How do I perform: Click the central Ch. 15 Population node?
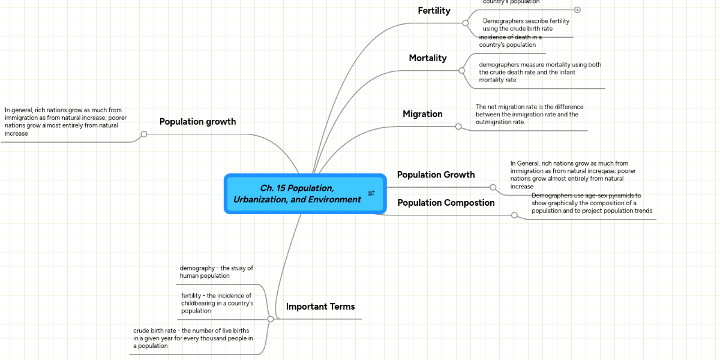pyautogui.click(x=297, y=194)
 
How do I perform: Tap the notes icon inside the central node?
pyautogui.click(x=371, y=194)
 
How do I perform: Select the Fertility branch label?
pyautogui.click(x=434, y=11)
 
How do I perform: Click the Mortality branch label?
pyautogui.click(x=427, y=58)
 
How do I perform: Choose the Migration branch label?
pyautogui.click(x=422, y=114)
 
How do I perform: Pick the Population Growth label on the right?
pyautogui.click(x=436, y=175)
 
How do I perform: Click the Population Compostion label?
pyautogui.click(x=446, y=203)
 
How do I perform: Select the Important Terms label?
pyautogui.click(x=320, y=307)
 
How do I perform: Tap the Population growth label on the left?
pyautogui.click(x=197, y=122)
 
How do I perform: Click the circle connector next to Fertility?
pyautogui.click(x=465, y=23)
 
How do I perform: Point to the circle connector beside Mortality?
pyautogui.click(x=461, y=70)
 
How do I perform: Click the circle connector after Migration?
pyautogui.click(x=458, y=127)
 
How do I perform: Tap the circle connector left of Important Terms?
pyautogui.click(x=271, y=319)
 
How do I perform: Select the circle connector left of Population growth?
pyautogui.click(x=144, y=134)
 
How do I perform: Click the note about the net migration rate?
pyautogui.click(x=529, y=115)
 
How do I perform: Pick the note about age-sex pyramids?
pyautogui.click(x=591, y=203)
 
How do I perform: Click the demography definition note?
pyautogui.click(x=216, y=272)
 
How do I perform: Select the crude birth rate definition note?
pyautogui.click(x=193, y=338)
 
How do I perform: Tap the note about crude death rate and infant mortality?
pyautogui.click(x=539, y=72)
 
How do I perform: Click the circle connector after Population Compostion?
pyautogui.click(x=514, y=215)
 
